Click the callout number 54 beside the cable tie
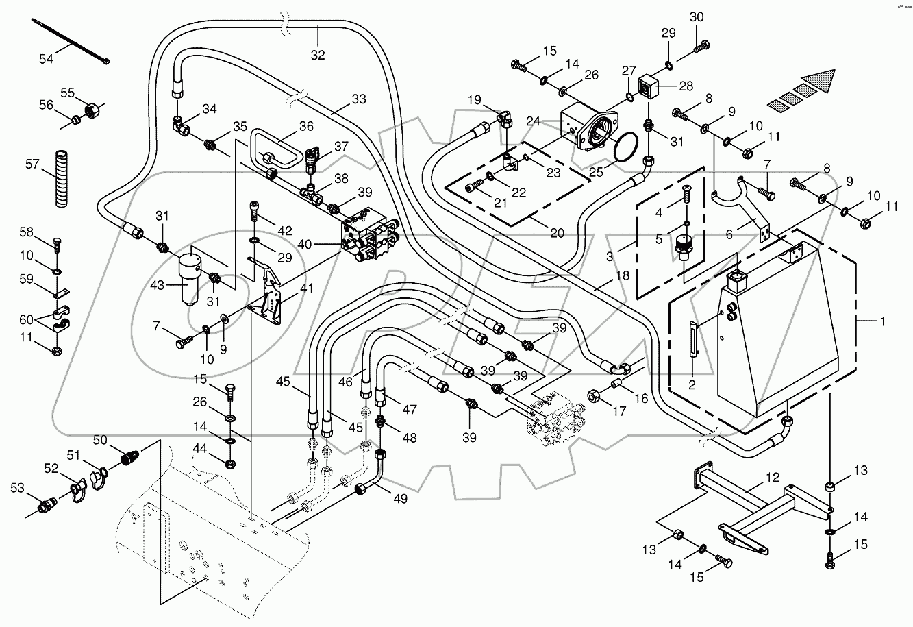coord(46,60)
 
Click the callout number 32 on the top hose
coord(318,56)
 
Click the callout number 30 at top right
coord(696,16)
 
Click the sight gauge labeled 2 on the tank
coord(694,338)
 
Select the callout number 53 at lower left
coord(16,487)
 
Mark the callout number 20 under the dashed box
coord(557,233)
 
